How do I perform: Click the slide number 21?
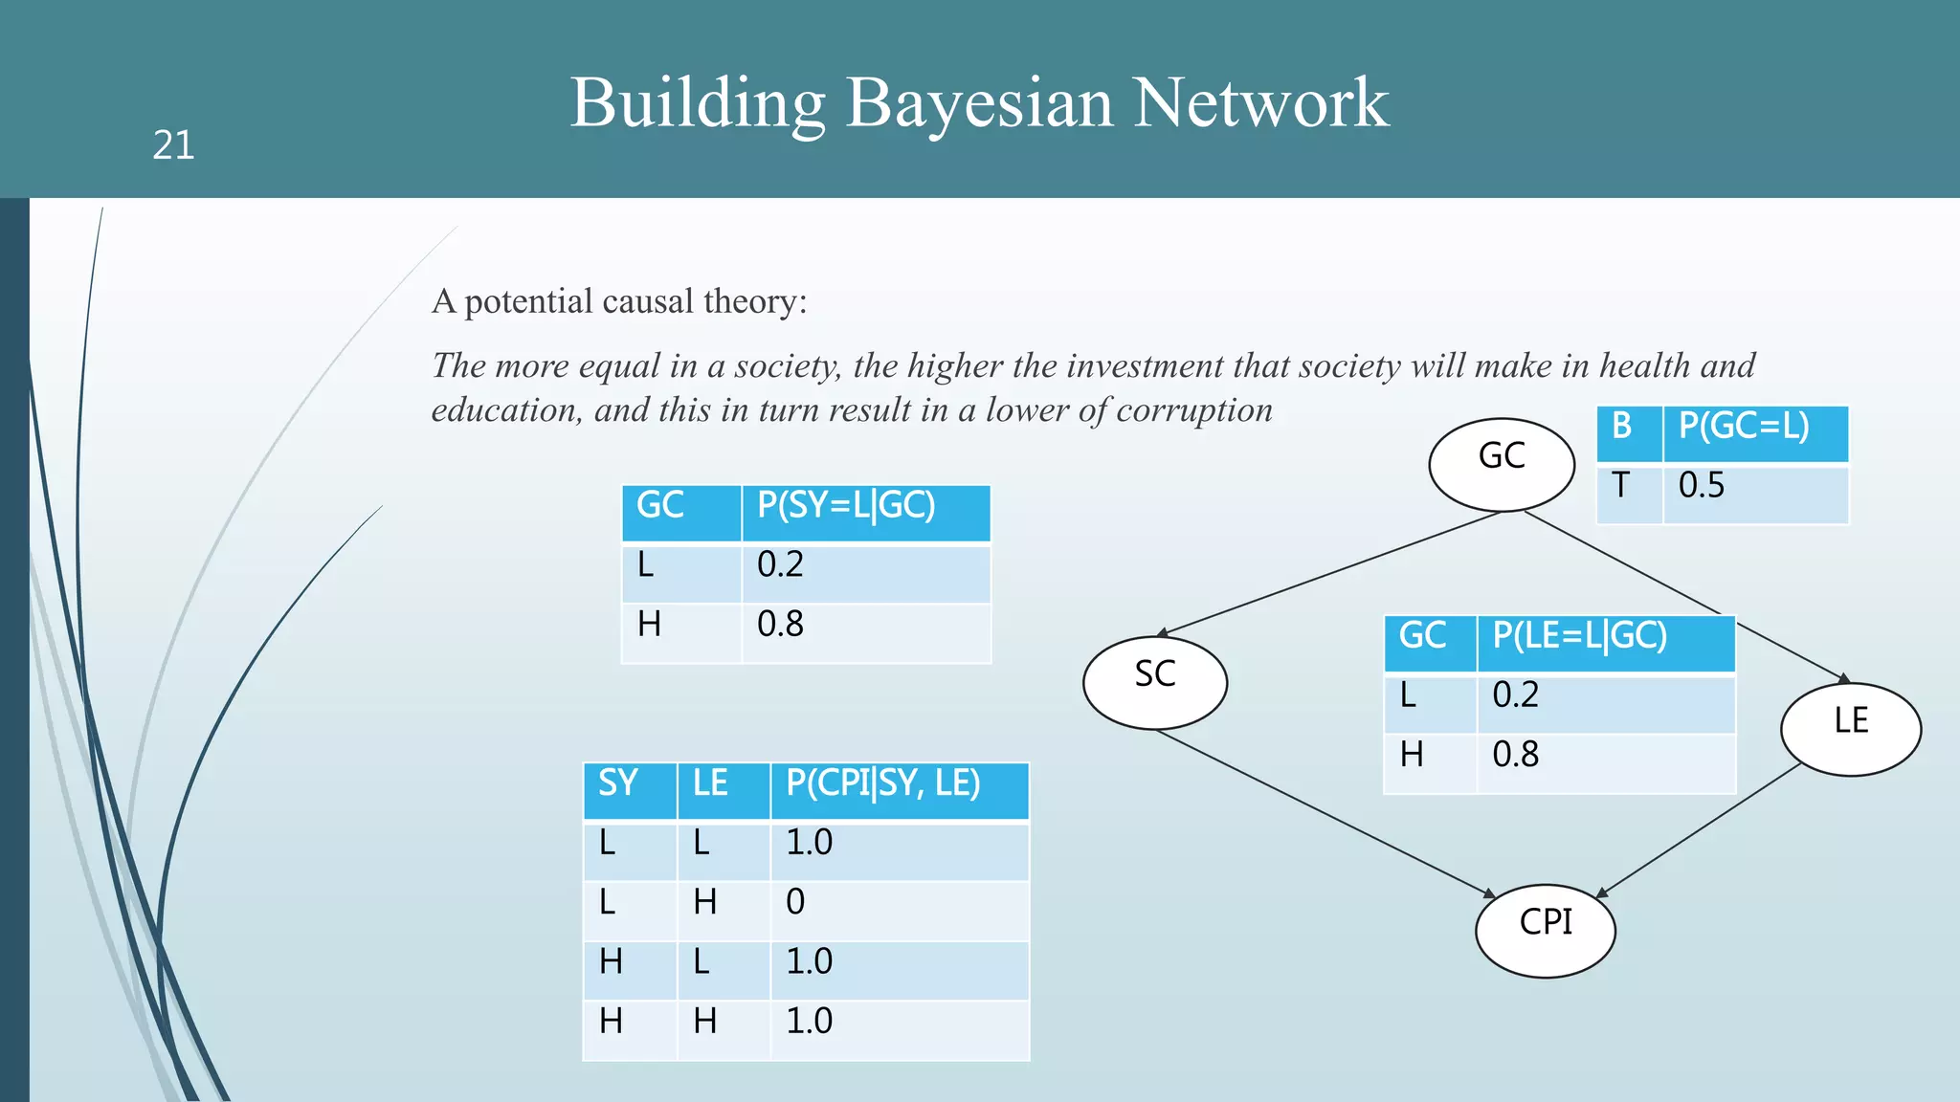click(x=173, y=145)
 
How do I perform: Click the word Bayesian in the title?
click(x=979, y=102)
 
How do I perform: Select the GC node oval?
click(x=1501, y=464)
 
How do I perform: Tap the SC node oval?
click(x=1154, y=682)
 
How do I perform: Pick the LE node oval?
click(x=1850, y=728)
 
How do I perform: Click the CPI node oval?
click(x=1545, y=930)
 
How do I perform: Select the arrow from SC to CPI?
click(x=1325, y=813)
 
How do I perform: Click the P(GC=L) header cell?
click(x=1754, y=433)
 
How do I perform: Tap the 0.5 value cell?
click(x=1754, y=493)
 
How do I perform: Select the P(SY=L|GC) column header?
click(x=865, y=513)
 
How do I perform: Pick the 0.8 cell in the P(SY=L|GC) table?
click(x=865, y=632)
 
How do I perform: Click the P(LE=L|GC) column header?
click(x=1605, y=643)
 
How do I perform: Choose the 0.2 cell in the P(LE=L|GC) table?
click(x=1605, y=703)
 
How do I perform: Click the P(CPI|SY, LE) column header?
click(x=899, y=791)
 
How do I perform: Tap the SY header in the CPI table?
click(x=629, y=791)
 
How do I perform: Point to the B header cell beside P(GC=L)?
click(x=1628, y=433)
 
